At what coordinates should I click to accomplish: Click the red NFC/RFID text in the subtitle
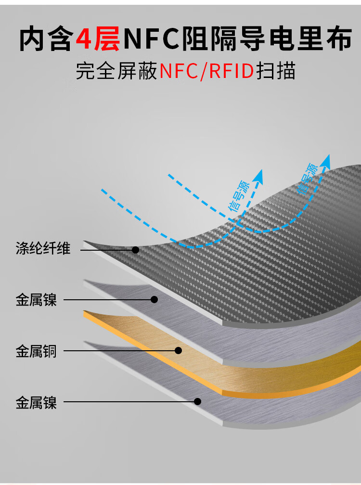click(206, 71)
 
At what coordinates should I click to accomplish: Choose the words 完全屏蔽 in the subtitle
click(116, 71)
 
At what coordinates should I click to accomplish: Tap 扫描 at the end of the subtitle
click(276, 71)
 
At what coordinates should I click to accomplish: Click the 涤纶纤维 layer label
click(43, 248)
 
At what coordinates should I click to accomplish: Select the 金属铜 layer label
click(36, 351)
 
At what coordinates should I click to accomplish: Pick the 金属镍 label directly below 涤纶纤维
click(36, 300)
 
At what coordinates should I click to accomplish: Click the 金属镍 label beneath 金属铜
click(36, 403)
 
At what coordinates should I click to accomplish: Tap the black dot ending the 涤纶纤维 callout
click(135, 250)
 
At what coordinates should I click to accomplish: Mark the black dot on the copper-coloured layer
click(178, 350)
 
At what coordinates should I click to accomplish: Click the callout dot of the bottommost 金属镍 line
click(198, 401)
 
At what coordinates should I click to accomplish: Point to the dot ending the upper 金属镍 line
click(154, 299)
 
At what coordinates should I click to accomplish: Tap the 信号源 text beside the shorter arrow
click(239, 196)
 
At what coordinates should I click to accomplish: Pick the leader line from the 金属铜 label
click(121, 351)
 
